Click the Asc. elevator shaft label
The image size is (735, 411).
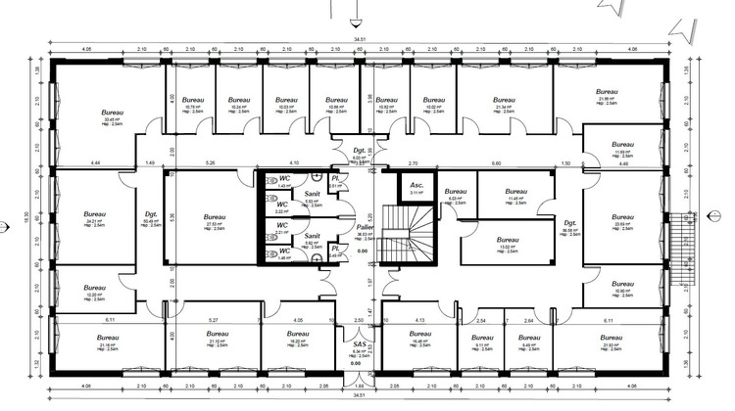415,185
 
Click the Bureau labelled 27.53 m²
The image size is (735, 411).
215,218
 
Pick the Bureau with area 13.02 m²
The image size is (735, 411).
508,240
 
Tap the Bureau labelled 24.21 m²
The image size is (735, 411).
94,214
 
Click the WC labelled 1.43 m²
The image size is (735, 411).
283,179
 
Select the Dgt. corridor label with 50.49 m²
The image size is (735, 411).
151,214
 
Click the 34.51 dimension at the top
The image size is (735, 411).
358,38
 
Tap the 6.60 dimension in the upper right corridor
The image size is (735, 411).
496,162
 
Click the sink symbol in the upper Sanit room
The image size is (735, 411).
318,178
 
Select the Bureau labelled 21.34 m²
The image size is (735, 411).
503,101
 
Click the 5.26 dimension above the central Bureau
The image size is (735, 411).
210,162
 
